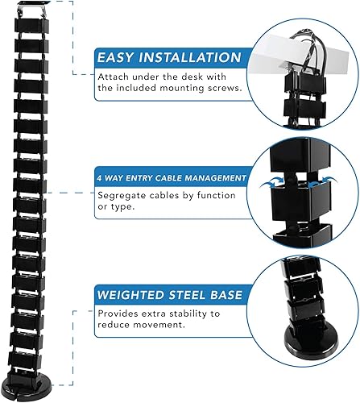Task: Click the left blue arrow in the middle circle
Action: click(267, 184)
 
